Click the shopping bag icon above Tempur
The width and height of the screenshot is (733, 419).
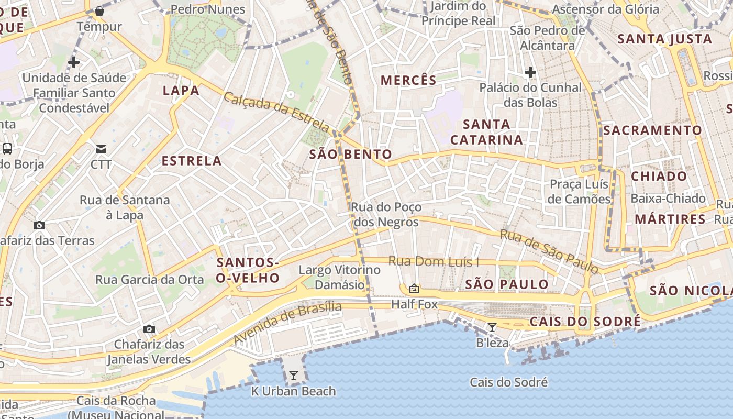coord(99,10)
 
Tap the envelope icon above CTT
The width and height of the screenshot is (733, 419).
coord(101,149)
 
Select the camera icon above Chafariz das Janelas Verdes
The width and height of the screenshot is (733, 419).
coord(149,329)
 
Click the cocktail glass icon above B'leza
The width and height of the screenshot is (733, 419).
coord(492,327)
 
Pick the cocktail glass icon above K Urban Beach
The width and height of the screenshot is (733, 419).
coord(293,376)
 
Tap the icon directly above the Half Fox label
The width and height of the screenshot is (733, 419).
coord(414,289)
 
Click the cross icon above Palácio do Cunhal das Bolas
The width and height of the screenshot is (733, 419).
coord(530,72)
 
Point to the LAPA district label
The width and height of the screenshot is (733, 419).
coord(181,91)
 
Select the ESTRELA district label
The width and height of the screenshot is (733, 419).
coord(192,161)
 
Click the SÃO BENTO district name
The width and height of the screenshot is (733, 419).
coord(350,154)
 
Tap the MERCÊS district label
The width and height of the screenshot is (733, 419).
coord(408,80)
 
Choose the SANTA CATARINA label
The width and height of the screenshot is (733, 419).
coord(486,132)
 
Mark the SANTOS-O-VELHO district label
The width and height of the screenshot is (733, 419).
coord(248,270)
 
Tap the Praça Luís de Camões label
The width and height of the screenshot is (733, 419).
coord(579,192)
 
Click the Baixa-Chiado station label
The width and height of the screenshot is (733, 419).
coord(668,199)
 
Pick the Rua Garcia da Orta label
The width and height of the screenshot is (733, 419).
coord(149,280)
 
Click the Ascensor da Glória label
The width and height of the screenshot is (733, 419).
coord(606,9)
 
